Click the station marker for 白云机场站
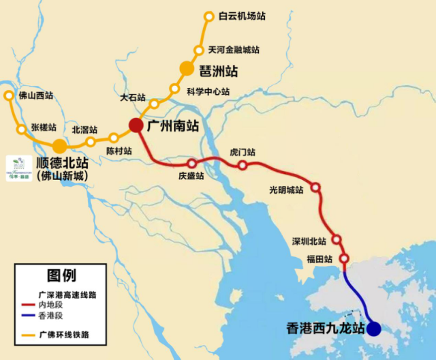(x=209, y=16)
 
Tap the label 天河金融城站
(x=234, y=50)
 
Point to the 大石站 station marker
(x=155, y=104)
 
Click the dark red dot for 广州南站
(x=136, y=125)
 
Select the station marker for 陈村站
(x=114, y=138)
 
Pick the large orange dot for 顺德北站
(x=60, y=145)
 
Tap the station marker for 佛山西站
(x=8, y=96)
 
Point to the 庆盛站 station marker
(x=191, y=164)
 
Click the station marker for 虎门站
(x=242, y=165)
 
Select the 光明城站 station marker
(x=316, y=187)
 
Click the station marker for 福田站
(x=344, y=258)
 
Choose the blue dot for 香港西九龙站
(x=374, y=330)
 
